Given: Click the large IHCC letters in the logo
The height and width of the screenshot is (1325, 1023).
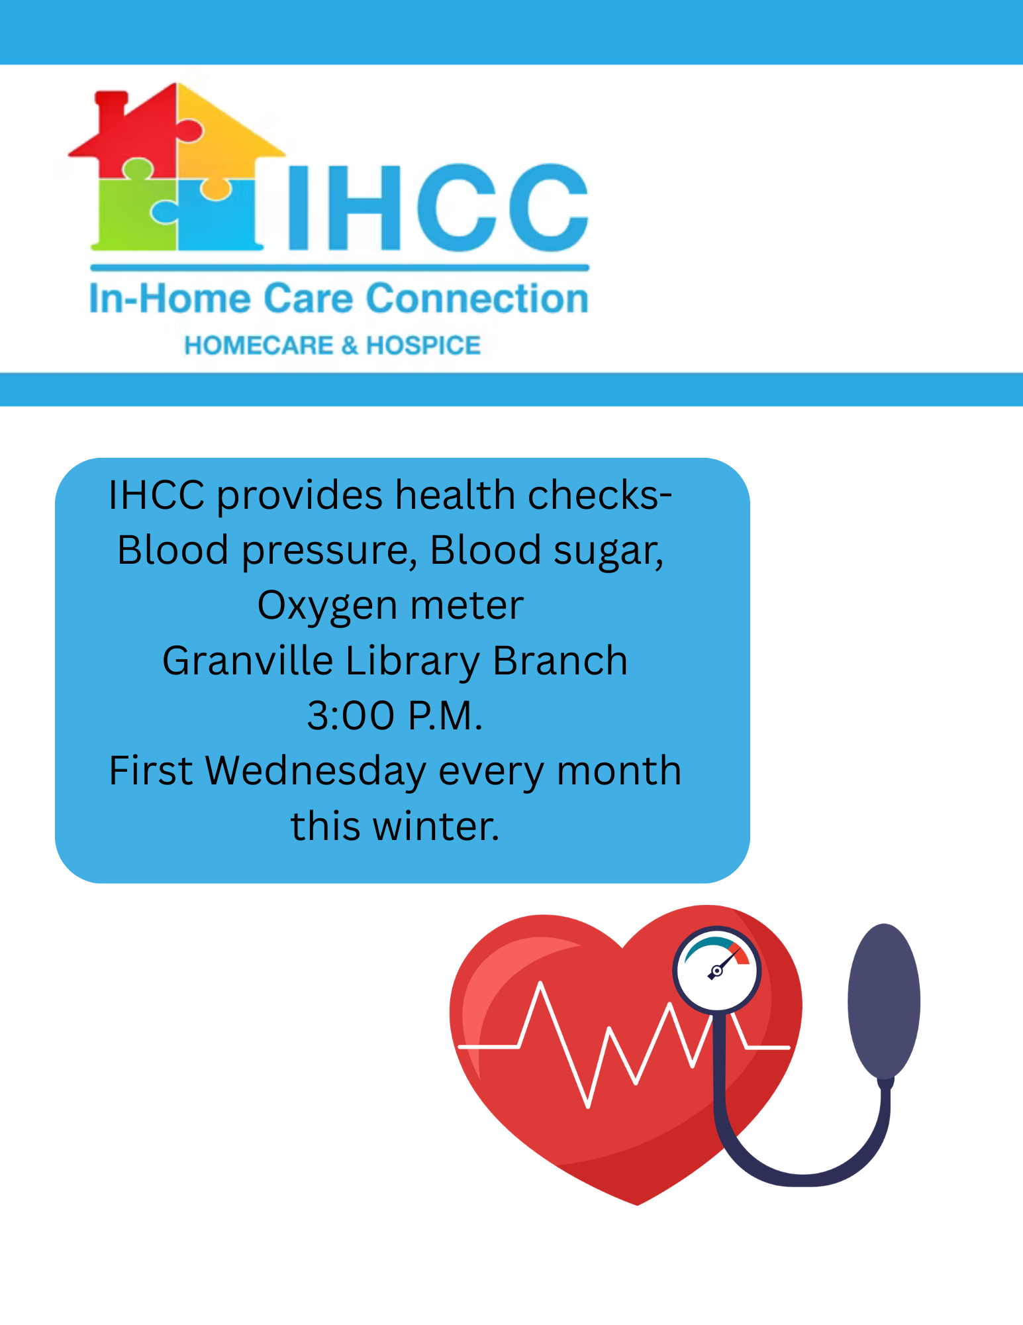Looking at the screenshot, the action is (438, 207).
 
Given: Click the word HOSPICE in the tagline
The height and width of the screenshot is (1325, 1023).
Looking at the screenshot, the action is (424, 345).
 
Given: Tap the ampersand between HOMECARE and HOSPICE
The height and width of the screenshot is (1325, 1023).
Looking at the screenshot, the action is (350, 345).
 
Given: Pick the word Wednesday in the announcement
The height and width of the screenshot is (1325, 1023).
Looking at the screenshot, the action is (316, 772).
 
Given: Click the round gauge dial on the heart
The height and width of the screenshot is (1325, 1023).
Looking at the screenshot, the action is (717, 969).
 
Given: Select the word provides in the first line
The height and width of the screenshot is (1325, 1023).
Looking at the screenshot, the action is (300, 496).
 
